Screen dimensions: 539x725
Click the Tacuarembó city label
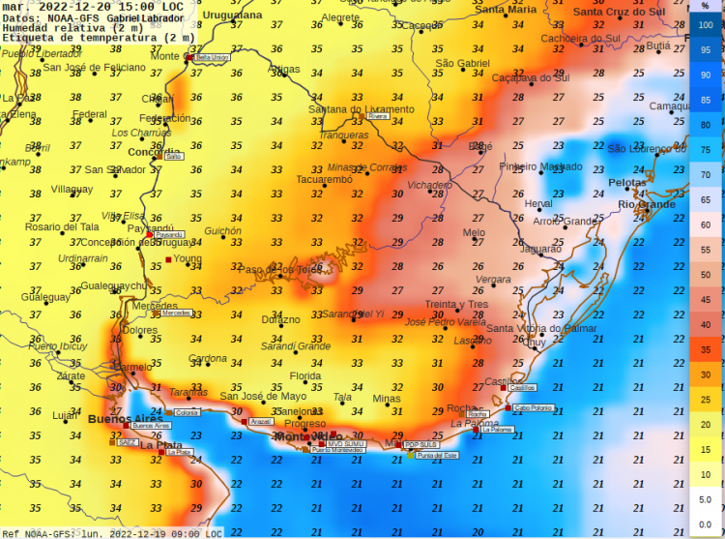(324, 179)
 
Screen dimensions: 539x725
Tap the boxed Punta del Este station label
(436, 455)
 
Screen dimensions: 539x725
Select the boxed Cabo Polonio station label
(534, 408)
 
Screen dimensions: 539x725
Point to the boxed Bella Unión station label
(212, 58)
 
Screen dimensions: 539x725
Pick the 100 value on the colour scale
(706, 31)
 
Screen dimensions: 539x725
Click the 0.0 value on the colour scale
(706, 524)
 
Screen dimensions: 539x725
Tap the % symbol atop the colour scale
(706, 7)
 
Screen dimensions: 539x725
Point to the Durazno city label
(280, 319)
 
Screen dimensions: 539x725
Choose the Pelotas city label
(626, 182)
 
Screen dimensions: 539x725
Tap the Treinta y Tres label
(455, 304)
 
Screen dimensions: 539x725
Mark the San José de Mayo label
(263, 396)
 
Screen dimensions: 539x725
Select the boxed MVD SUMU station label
(347, 444)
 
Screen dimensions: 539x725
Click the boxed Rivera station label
(377, 116)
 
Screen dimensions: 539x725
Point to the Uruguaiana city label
(232, 15)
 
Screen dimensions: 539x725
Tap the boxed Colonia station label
(187, 412)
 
